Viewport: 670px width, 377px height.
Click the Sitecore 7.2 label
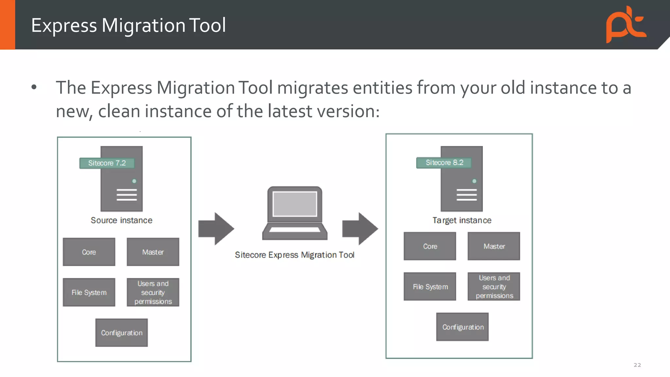pyautogui.click(x=107, y=163)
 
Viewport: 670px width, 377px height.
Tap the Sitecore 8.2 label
pyautogui.click(x=444, y=163)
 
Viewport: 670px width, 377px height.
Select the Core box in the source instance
pyautogui.click(x=89, y=252)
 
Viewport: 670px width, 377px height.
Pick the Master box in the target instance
pyautogui.click(x=494, y=246)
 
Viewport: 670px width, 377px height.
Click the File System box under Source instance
pyautogui.click(x=89, y=293)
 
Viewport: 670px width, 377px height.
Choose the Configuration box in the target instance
pyautogui.click(x=462, y=327)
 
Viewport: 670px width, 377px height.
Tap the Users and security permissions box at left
pyautogui.click(x=153, y=293)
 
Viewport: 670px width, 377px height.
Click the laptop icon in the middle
pyautogui.click(x=295, y=213)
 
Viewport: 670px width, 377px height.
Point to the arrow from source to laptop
pyautogui.click(x=216, y=228)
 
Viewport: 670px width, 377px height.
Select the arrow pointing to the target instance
pyautogui.click(x=360, y=228)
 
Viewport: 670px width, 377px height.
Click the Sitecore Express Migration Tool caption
pyautogui.click(x=294, y=255)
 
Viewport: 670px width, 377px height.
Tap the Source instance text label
pyautogui.click(x=121, y=220)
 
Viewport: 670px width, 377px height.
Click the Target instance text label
pyautogui.click(x=462, y=220)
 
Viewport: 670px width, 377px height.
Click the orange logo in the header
pyautogui.click(x=626, y=25)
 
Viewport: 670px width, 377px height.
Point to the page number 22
pyautogui.click(x=637, y=365)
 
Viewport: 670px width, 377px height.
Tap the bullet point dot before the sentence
pyautogui.click(x=34, y=87)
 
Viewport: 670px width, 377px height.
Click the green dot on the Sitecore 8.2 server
pyautogui.click(x=474, y=181)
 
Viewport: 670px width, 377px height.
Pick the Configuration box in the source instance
pyautogui.click(x=121, y=333)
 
